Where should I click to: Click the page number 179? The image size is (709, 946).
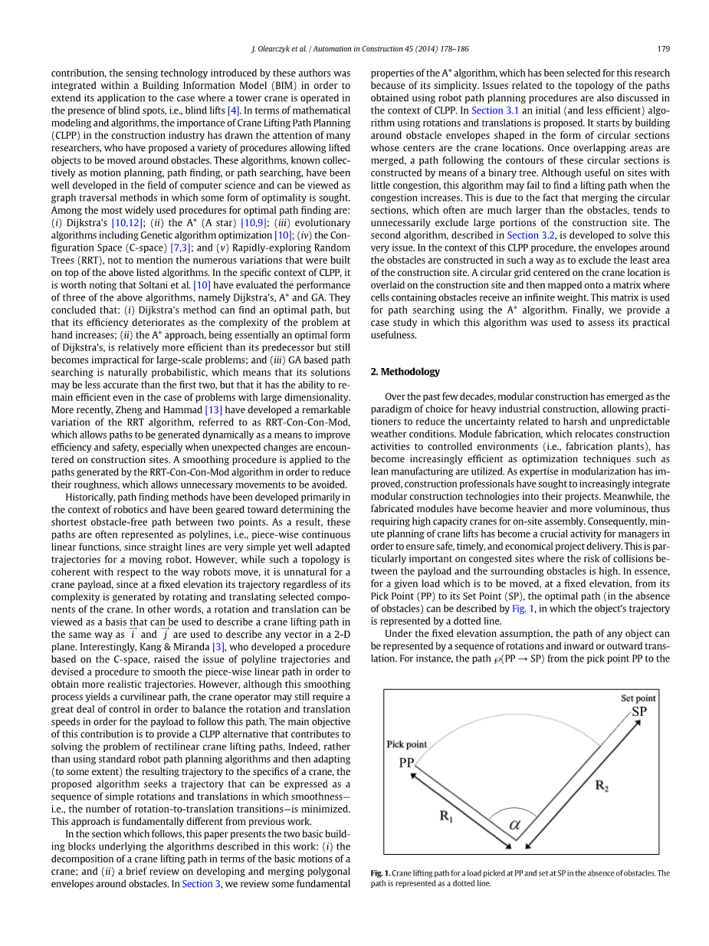pos(664,49)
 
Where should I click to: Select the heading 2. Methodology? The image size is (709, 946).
pos(405,372)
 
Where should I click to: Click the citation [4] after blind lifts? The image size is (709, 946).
pos(234,110)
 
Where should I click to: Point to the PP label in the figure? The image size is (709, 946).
pos(406,763)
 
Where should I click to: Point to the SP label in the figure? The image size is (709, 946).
pos(639,711)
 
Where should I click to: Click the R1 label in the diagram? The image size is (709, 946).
pos(447,816)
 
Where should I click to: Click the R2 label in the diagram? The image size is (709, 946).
pos(602,787)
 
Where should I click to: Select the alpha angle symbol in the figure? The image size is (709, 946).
pos(514,825)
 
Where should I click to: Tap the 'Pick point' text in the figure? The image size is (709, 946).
pos(406,744)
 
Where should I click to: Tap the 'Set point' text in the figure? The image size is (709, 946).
pos(638,698)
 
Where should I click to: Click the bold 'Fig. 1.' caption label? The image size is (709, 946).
pos(381,873)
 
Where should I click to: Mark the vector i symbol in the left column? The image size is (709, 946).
pos(133,634)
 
